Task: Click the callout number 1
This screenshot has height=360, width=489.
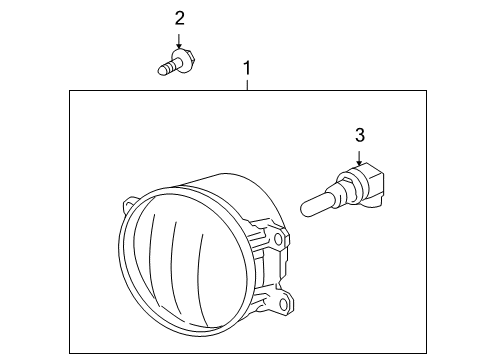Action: pos(247,69)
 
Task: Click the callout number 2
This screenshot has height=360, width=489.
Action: pos(179,18)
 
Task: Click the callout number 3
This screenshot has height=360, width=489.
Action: pos(359,134)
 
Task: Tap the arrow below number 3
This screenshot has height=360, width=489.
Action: pos(359,156)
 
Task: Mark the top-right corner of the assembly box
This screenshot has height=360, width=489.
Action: pos(427,91)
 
